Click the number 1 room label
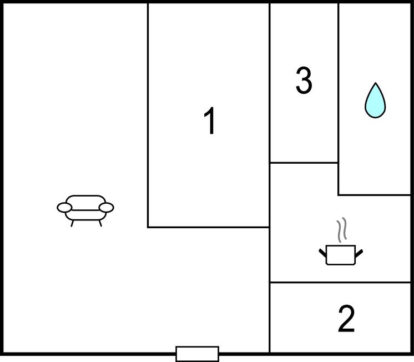pos(210,120)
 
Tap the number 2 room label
pos(346,319)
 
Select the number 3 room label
pos(304,80)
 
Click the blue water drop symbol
pos(375,100)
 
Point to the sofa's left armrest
pos(64,208)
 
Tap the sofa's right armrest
pos(107,208)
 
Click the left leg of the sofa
pos(72,224)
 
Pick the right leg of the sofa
pos(100,224)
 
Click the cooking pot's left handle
pos(322,253)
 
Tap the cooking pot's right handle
pos(359,253)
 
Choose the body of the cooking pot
pos(341,255)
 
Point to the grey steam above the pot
pos(341,230)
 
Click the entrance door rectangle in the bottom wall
pos(197,354)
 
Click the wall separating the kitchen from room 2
pos(340,283)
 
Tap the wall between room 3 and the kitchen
pos(304,163)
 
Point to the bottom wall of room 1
pos(209,227)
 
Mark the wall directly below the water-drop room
pos(375,195)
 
